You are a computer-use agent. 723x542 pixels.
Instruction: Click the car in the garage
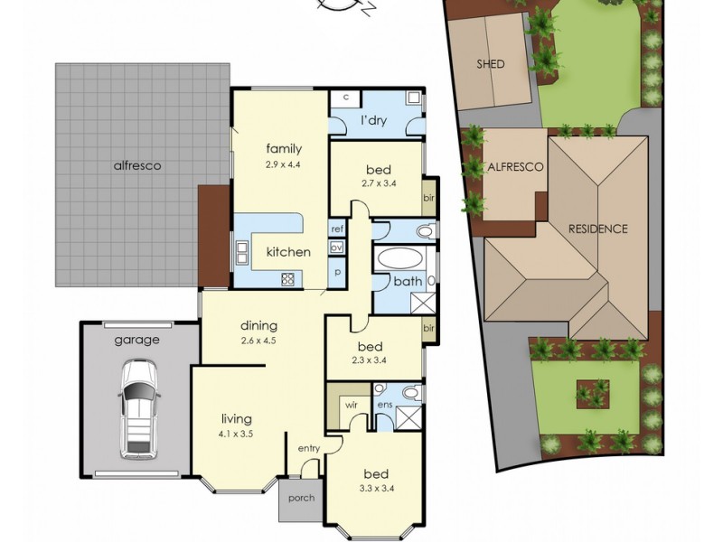(x=139, y=410)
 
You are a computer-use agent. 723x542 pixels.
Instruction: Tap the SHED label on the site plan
(x=491, y=64)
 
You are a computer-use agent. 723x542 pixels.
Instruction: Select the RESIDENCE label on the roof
(x=597, y=229)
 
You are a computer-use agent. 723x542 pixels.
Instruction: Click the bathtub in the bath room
(x=399, y=257)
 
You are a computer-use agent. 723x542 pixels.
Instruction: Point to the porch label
(x=302, y=498)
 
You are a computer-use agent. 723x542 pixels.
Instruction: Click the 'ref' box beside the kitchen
(x=337, y=229)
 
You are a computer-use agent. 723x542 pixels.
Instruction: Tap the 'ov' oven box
(x=336, y=248)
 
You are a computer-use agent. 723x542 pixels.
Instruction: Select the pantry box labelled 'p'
(x=337, y=273)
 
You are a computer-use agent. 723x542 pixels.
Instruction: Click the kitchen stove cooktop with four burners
(x=287, y=278)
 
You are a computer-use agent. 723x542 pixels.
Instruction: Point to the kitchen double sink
(x=242, y=252)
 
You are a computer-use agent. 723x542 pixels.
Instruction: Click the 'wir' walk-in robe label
(x=352, y=405)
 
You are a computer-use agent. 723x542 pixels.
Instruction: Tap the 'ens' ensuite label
(x=385, y=405)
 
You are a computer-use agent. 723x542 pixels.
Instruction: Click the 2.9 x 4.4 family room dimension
(x=283, y=164)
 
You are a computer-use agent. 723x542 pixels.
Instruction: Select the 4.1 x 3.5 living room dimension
(x=237, y=434)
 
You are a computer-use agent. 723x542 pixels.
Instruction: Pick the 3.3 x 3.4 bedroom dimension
(x=376, y=489)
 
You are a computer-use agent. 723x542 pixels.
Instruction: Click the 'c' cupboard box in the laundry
(x=346, y=98)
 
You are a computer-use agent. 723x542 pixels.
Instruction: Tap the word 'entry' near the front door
(x=308, y=448)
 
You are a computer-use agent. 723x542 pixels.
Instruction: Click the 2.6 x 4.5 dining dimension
(x=258, y=341)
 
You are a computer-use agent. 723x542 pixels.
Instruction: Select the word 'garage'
(x=137, y=341)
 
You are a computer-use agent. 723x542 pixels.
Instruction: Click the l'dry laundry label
(x=373, y=121)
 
